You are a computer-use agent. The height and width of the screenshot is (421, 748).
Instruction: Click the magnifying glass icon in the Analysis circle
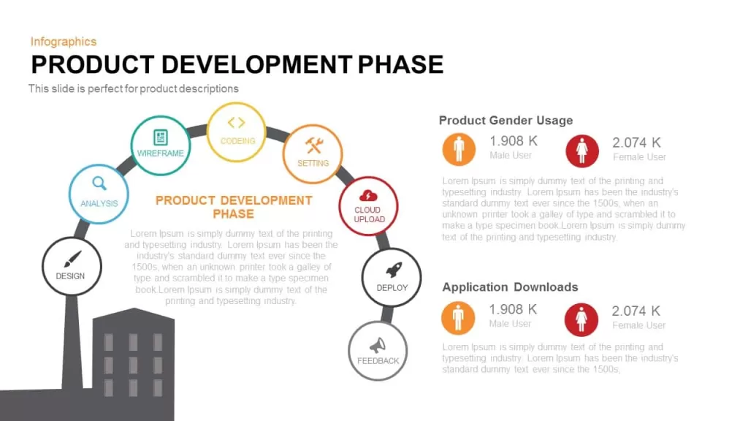(99, 183)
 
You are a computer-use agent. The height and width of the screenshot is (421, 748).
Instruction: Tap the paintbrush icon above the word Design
(72, 259)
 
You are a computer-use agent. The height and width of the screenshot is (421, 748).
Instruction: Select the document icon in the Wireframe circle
(160, 137)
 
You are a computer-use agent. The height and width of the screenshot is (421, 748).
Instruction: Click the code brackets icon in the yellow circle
(237, 123)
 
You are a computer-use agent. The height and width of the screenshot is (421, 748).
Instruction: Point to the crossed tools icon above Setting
(314, 146)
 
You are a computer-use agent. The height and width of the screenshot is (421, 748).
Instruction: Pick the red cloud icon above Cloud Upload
(368, 196)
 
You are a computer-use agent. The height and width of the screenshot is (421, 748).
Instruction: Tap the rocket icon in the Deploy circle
(394, 270)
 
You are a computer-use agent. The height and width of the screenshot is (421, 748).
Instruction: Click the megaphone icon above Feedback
(378, 345)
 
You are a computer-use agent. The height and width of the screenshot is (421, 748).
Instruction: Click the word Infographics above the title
(64, 42)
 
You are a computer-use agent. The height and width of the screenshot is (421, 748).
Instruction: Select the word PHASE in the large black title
(401, 65)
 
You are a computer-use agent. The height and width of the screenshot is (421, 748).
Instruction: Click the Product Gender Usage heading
(505, 121)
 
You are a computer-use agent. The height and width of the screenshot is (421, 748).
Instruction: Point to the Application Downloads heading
(510, 287)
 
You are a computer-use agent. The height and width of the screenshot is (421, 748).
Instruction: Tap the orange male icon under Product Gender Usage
(459, 149)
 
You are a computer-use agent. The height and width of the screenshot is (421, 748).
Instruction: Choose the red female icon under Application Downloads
(581, 319)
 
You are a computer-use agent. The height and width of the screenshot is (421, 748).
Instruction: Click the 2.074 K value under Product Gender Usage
(636, 143)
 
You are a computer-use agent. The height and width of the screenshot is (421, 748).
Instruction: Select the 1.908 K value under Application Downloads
(513, 309)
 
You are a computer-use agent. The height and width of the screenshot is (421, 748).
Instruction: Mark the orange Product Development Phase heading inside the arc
(234, 207)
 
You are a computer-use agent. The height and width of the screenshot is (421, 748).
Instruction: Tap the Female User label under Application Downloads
(638, 325)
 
